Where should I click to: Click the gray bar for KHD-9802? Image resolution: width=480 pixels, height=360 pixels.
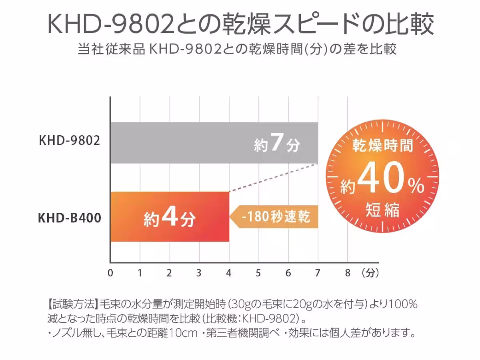click(x=180, y=143)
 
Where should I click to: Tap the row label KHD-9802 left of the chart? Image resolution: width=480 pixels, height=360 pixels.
click(x=69, y=141)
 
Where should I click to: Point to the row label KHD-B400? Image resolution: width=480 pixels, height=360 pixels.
click(x=69, y=218)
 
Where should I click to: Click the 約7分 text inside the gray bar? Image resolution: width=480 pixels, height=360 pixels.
click(x=277, y=144)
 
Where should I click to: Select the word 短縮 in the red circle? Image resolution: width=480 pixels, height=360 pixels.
click(x=382, y=210)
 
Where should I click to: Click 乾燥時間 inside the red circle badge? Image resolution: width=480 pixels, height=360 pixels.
click(x=382, y=146)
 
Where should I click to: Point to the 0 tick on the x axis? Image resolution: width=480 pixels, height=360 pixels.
click(x=110, y=274)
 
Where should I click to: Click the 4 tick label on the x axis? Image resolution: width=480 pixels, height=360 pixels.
click(x=228, y=274)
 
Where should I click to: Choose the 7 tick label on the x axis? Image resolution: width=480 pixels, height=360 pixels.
click(x=318, y=274)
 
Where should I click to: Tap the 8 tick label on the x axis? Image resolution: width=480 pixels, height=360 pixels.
click(x=347, y=274)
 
